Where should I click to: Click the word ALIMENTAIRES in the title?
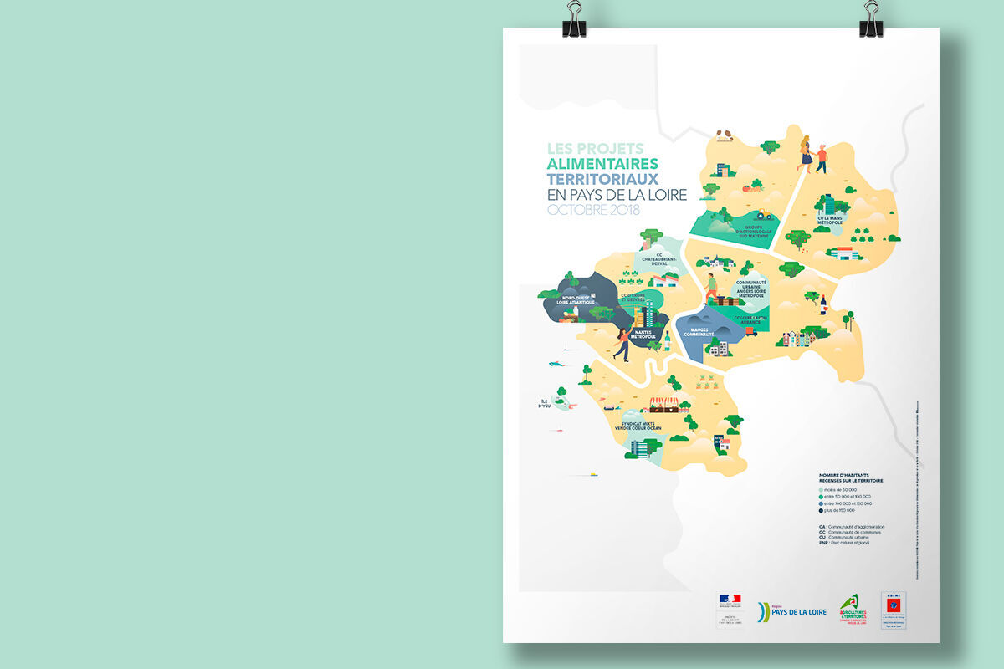coord(602,164)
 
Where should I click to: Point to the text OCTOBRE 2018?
coord(593,210)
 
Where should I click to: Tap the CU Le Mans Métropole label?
coord(830,221)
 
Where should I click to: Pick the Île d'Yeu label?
coord(546,404)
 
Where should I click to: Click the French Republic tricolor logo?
coord(730,600)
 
